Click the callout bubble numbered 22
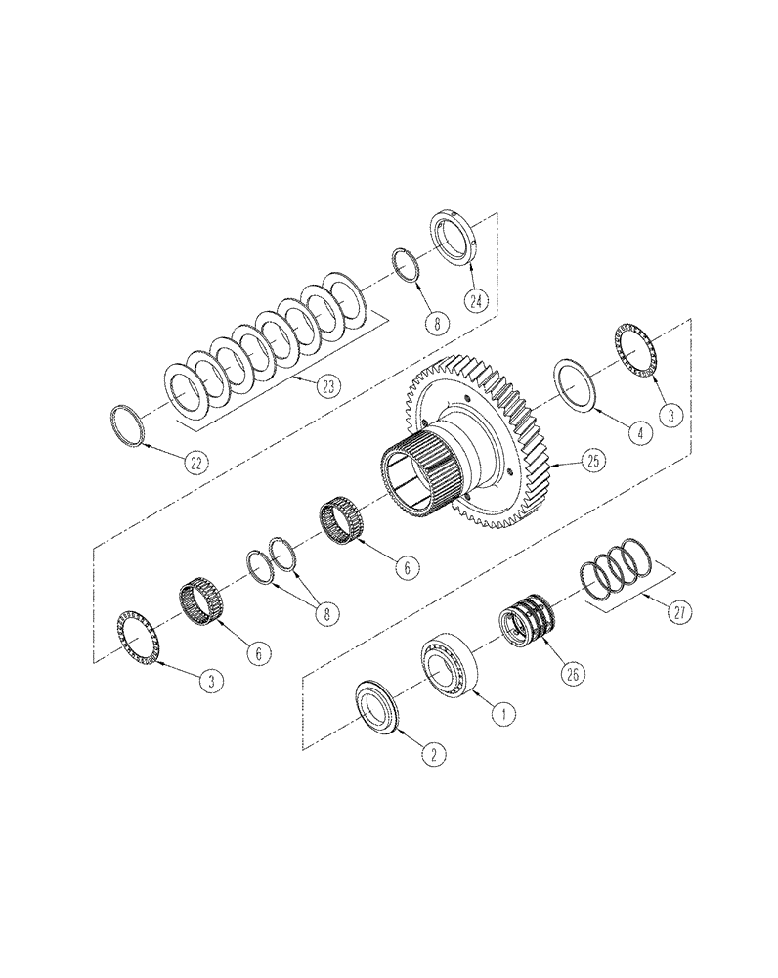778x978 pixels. pos(197,464)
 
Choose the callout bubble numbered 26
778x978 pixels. pos(571,671)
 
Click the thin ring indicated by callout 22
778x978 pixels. pos(128,423)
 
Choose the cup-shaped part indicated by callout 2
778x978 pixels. pos(376,706)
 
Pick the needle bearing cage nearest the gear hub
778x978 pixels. pos(344,517)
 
